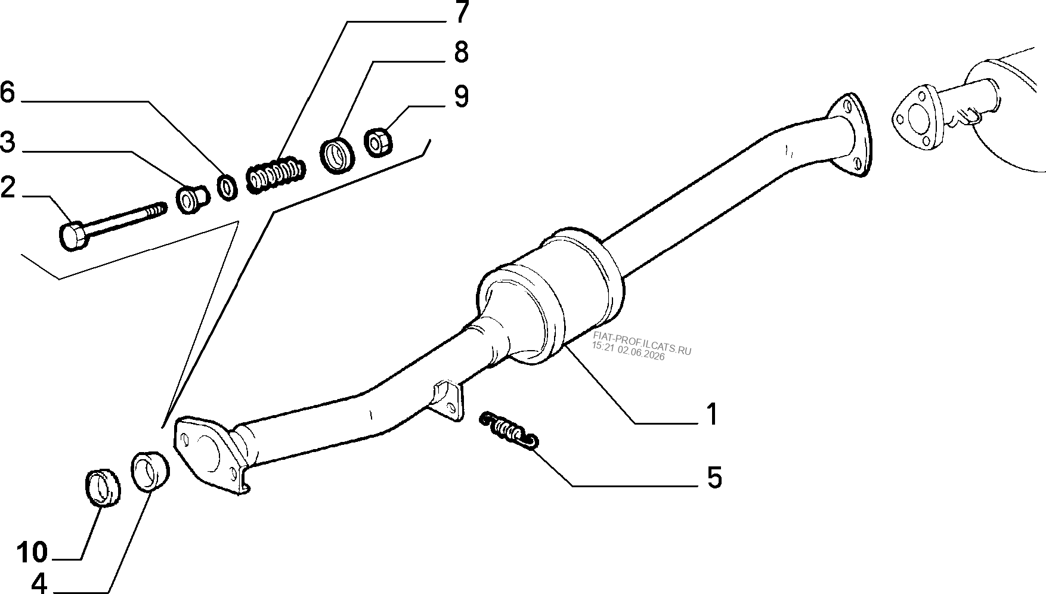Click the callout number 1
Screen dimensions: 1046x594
(x=711, y=414)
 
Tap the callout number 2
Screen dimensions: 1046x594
(x=8, y=188)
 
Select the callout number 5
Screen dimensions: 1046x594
(x=714, y=478)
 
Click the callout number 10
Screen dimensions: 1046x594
(x=32, y=552)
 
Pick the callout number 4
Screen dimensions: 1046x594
(x=39, y=584)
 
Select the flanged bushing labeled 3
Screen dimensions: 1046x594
(x=193, y=199)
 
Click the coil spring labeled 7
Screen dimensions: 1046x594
(x=276, y=172)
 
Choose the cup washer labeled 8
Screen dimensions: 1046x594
(x=338, y=155)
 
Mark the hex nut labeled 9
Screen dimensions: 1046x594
(x=377, y=143)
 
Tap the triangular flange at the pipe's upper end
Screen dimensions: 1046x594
(x=848, y=134)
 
